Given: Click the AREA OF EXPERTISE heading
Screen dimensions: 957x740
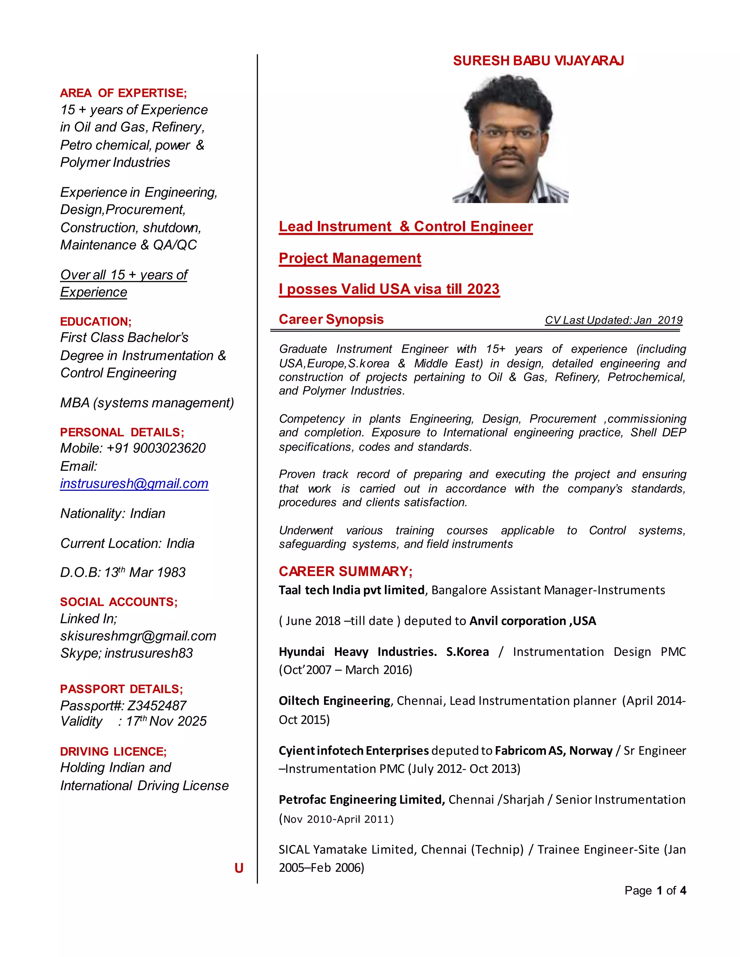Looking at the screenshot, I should pos(123,93).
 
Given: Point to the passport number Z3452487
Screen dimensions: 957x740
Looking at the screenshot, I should pos(156,706).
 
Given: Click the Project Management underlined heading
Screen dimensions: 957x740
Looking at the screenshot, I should pos(350,258).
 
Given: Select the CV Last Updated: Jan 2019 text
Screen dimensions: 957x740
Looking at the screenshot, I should pos(613,320).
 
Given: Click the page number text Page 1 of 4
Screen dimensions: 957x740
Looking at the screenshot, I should pos(655,891).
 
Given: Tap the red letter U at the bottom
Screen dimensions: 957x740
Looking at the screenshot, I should pos(238,868).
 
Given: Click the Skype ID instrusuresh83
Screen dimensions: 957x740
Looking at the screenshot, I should pos(149,653).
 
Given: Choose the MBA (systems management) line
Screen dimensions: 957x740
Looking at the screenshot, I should pos(147,403).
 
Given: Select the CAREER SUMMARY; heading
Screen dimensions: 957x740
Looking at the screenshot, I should pos(345,571).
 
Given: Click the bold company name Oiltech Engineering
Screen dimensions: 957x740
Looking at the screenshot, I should pos(335,701).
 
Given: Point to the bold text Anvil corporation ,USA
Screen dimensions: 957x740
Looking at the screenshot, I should pos(533,621).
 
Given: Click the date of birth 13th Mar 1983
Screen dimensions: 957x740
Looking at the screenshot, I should pos(145,572).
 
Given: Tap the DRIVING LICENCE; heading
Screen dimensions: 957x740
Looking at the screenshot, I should pos(113,752).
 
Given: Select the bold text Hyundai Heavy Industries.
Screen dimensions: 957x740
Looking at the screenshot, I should pos(357,651).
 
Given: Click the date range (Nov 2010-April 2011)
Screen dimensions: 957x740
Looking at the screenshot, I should pos(336,819).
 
